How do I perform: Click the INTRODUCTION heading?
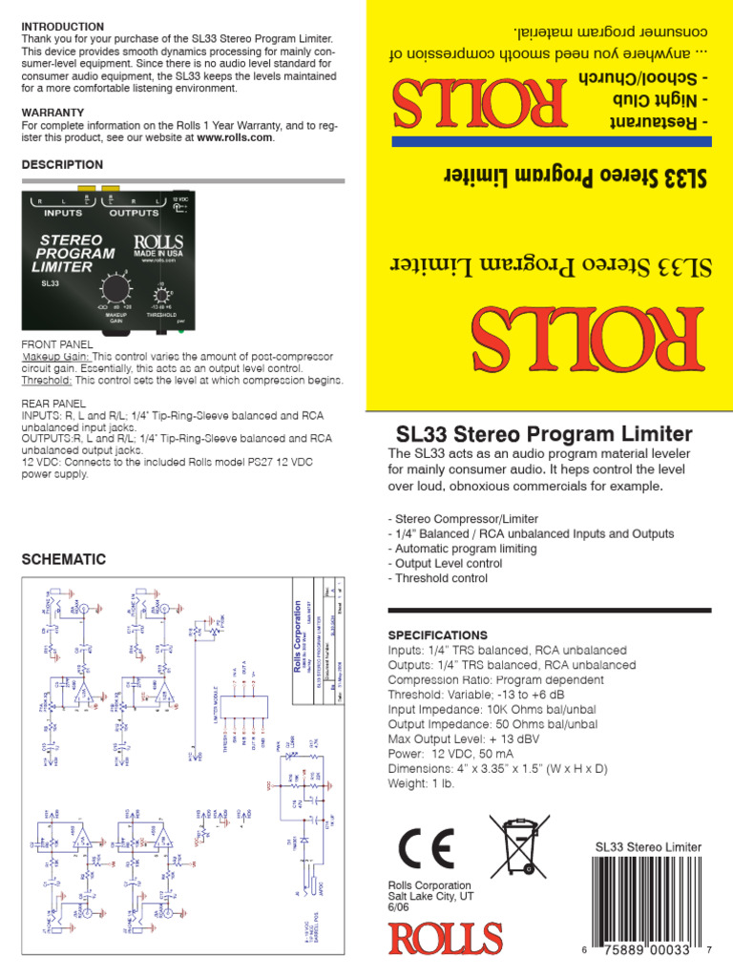pos(63,26)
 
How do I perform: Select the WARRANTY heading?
pos(52,113)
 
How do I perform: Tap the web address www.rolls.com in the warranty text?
pos(235,137)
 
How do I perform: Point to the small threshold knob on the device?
pos(162,294)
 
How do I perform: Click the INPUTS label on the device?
pos(64,213)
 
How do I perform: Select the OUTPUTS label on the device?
pos(135,213)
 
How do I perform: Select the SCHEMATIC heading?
pos(64,559)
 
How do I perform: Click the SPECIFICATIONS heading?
pos(438,635)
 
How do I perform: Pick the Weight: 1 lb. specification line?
pos(422,784)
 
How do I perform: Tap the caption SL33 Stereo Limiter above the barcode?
pos(648,846)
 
